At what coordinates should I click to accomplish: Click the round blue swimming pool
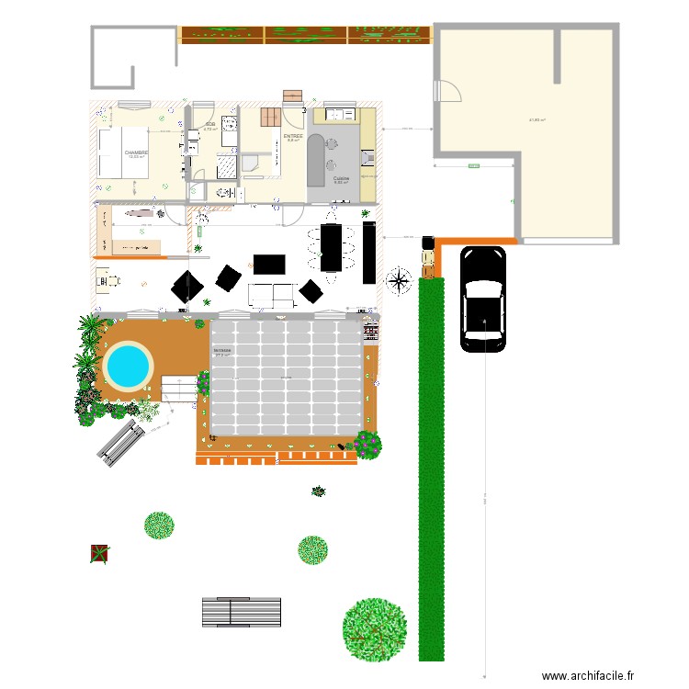click(128, 366)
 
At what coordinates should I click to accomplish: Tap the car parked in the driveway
click(482, 299)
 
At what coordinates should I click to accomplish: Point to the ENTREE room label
click(293, 136)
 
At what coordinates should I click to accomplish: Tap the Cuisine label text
click(341, 177)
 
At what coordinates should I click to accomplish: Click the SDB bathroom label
click(209, 124)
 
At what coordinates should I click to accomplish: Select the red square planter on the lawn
click(99, 553)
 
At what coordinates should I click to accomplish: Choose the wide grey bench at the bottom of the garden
click(242, 612)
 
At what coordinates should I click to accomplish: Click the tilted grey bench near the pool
click(120, 442)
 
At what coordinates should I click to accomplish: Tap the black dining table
click(331, 248)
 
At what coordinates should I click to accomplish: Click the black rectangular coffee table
click(270, 265)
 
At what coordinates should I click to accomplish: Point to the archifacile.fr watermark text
click(588, 676)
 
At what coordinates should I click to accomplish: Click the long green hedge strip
click(432, 469)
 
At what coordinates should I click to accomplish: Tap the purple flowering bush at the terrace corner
click(367, 445)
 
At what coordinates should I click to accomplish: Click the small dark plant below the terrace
click(319, 491)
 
